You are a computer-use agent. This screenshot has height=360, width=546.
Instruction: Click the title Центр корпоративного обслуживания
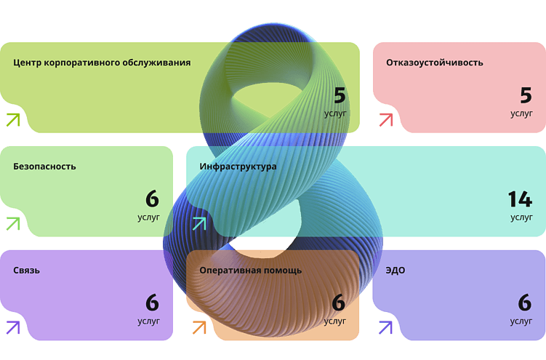102,63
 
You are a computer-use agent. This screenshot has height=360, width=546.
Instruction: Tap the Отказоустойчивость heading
435,63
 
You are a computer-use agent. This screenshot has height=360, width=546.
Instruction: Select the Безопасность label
44,167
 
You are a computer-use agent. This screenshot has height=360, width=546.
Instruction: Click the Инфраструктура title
238,167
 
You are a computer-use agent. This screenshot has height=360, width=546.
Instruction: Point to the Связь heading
26,271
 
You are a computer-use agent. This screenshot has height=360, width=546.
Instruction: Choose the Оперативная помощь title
250,271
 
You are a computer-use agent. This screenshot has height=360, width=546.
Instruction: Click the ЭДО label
396,271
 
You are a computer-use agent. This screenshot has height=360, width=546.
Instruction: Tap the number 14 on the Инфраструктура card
520,199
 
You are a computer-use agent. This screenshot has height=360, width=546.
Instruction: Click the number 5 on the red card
526,95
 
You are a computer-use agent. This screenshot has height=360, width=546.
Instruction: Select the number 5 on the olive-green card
340,95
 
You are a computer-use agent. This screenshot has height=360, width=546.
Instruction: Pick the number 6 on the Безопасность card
152,199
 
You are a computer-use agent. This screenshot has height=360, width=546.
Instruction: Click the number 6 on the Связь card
152,303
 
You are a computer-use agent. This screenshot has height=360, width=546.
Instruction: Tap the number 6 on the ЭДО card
525,303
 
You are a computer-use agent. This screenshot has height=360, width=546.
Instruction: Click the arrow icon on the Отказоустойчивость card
385,120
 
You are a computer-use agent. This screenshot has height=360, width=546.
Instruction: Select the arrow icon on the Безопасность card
12,224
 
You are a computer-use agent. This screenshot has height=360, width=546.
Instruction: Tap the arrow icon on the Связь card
12,328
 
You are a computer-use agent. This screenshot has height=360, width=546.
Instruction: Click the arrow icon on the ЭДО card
385,328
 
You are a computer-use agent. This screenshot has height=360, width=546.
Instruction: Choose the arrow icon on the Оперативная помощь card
198,328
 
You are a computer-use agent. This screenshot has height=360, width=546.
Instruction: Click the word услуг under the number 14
521,217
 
